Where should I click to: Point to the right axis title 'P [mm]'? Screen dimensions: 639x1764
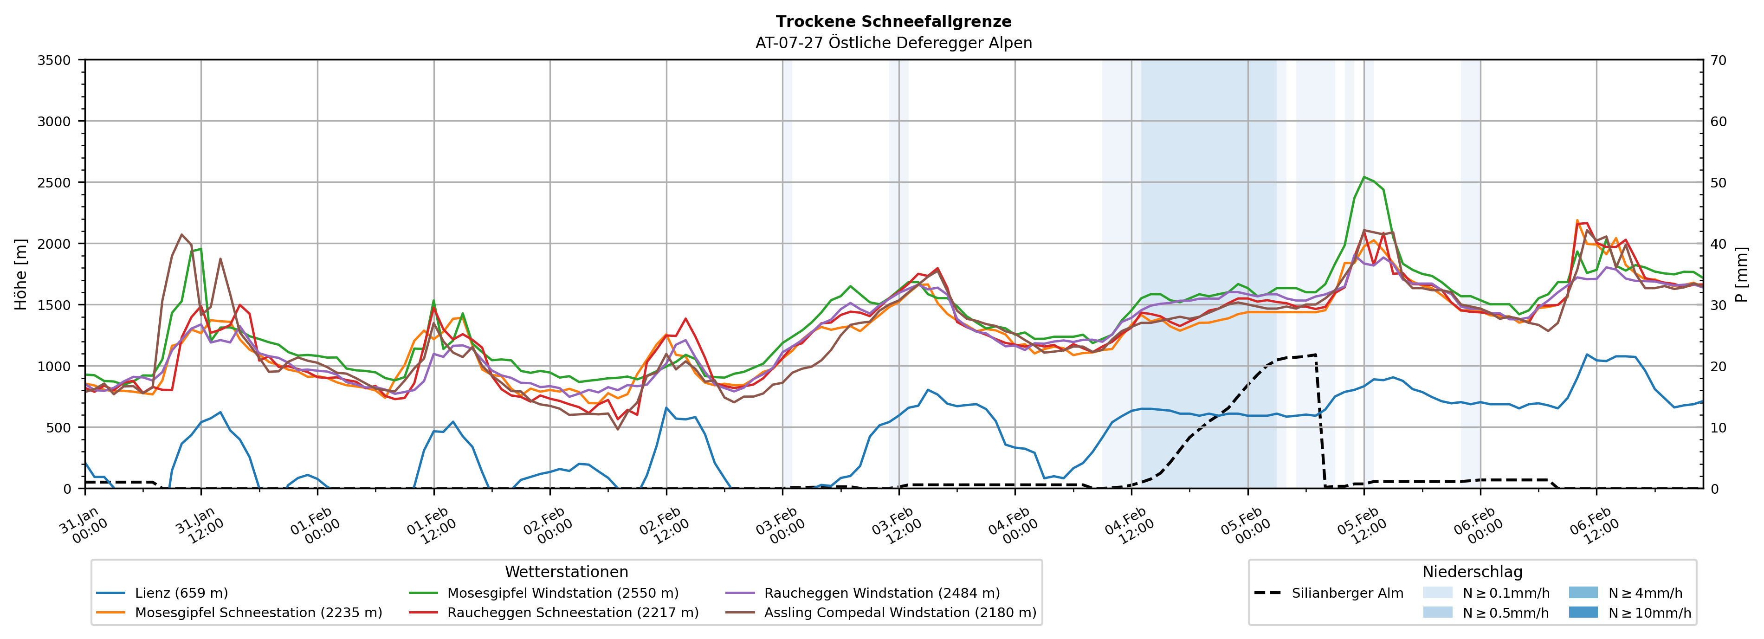click(1741, 274)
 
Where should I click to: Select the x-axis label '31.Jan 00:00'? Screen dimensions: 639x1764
click(82, 526)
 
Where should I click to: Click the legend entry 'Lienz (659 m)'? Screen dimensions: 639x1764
click(181, 593)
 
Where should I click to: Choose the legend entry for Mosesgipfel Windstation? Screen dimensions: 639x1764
click(562, 593)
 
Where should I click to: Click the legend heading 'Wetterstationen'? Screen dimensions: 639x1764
click(566, 572)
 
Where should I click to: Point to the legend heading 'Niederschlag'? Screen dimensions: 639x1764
click(1472, 572)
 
